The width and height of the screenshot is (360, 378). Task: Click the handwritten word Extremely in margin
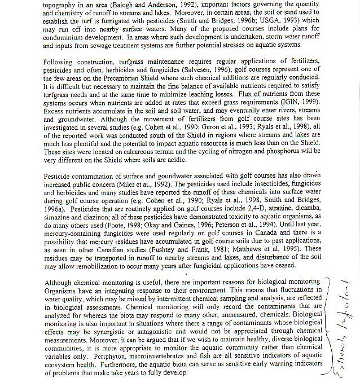pyautogui.click(x=336, y=350)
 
